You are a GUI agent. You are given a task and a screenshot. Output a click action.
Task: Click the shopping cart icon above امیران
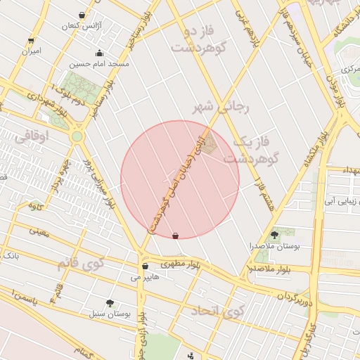30,40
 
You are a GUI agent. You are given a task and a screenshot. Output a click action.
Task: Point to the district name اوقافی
32,137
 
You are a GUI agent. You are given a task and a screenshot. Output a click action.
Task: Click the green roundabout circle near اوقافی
77,136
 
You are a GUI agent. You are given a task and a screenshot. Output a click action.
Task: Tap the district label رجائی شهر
221,108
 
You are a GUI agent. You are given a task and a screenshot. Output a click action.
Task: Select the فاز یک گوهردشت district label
251,150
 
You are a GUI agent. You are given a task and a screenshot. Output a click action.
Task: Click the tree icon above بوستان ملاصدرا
274,235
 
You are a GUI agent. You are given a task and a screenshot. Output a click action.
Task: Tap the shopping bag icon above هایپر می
145,266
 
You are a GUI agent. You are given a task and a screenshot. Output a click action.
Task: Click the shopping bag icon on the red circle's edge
175,236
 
